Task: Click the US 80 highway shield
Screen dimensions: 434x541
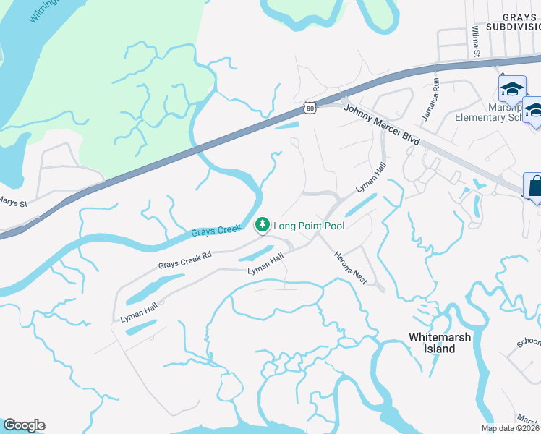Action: [310, 108]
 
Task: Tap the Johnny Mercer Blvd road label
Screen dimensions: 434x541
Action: [381, 122]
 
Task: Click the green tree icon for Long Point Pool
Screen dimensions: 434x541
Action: [263, 225]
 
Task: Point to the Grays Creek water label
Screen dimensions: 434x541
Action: [216, 231]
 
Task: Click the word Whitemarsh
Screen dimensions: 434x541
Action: [440, 337]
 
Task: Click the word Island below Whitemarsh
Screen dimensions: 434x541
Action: [440, 349]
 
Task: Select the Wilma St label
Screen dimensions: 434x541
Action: [476, 42]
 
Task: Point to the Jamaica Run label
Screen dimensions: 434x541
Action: [430, 106]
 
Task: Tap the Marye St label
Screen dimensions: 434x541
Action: [12, 203]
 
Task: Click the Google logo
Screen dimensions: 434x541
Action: [24, 425]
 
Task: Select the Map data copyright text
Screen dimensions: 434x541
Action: [511, 428]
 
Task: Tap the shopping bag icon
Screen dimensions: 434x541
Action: [536, 186]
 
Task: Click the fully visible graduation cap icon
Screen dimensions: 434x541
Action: [512, 89]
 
